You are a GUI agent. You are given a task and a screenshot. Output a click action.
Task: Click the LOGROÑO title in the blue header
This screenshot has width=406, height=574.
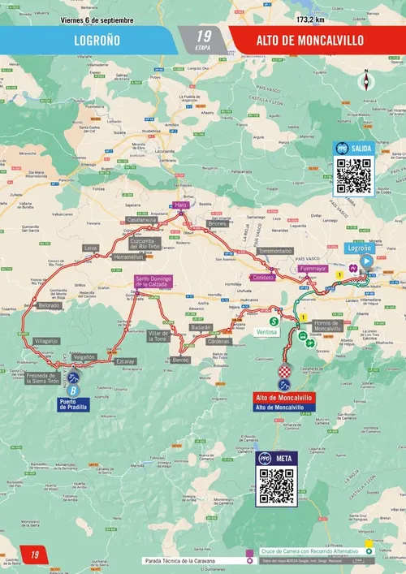98,38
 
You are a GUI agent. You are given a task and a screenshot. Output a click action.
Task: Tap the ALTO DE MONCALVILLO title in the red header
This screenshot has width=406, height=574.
310,38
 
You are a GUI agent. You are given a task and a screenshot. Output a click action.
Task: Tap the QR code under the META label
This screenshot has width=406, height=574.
276,485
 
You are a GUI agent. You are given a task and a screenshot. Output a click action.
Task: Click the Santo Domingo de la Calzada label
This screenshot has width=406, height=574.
153,283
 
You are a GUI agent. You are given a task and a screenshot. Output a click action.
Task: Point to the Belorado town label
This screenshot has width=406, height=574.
48,305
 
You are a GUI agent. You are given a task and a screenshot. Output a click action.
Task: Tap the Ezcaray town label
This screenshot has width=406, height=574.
124,360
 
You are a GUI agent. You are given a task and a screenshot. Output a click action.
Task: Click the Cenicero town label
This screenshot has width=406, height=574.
262,277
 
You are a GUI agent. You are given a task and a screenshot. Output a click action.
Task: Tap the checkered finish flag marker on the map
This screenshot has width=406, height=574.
284,371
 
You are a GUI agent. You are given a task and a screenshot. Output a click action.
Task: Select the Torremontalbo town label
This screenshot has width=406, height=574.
274,252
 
